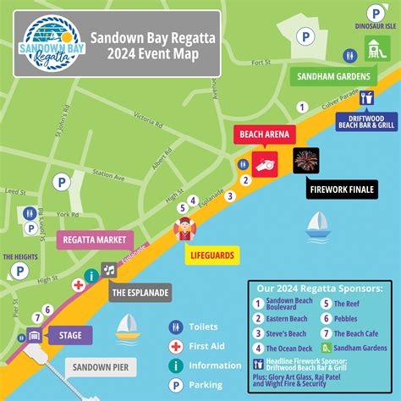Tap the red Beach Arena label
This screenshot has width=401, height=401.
point(264,135)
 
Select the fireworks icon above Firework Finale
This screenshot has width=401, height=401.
point(305,161)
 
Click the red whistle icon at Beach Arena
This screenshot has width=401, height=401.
point(264,164)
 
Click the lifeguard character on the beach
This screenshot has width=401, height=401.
point(184,229)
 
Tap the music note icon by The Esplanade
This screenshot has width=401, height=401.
point(109,270)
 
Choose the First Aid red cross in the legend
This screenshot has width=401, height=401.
point(176,346)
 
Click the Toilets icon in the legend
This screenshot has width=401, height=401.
point(176,327)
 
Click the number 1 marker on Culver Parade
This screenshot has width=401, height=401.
point(300,106)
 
